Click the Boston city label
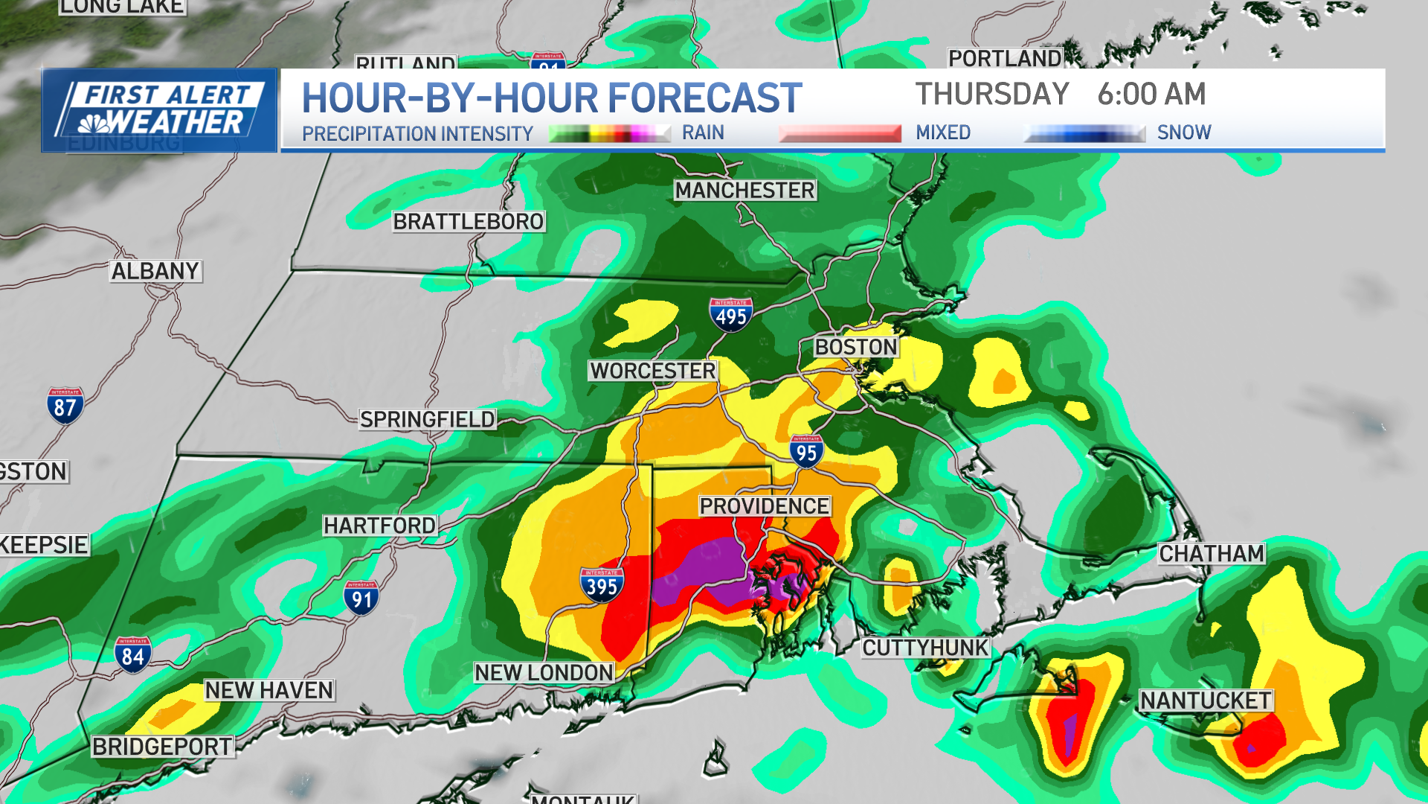(856, 347)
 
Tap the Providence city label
(764, 506)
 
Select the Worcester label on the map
(652, 371)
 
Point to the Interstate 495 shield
(730, 315)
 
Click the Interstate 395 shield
(601, 585)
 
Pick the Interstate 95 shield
(806, 451)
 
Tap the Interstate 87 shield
(65, 406)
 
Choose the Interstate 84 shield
(133, 654)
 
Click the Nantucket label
(1206, 701)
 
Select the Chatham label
(1212, 554)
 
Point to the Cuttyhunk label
(925, 648)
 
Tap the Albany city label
(155, 271)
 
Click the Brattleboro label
(469, 222)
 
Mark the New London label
(544, 673)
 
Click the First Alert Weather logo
(159, 110)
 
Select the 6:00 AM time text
(1151, 95)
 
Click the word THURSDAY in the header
(992, 95)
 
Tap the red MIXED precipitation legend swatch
(840, 133)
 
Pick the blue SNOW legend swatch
(1084, 133)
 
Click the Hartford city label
(380, 526)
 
